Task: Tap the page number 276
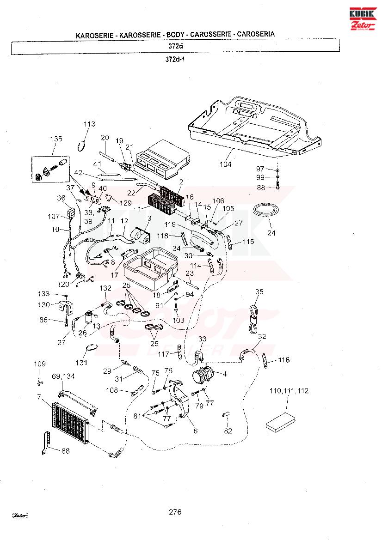click(x=175, y=512)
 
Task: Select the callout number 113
click(x=89, y=124)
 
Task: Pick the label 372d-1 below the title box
click(x=175, y=60)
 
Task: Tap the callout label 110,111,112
click(x=289, y=391)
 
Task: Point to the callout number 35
click(x=259, y=291)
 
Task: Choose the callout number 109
click(x=39, y=364)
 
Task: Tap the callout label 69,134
click(x=63, y=377)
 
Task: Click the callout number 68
click(x=65, y=451)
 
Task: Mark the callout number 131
click(x=81, y=363)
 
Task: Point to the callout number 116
click(x=284, y=360)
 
